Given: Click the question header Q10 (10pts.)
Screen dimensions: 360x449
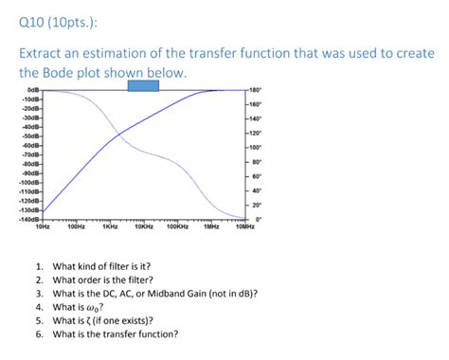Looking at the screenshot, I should (x=55, y=19).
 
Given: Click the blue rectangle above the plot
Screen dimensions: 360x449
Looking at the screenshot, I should (x=143, y=85).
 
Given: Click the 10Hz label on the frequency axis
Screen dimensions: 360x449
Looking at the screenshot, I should (x=42, y=227).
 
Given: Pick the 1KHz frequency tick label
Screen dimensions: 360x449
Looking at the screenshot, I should (x=109, y=227).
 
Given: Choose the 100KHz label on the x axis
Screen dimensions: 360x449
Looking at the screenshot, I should (x=176, y=227).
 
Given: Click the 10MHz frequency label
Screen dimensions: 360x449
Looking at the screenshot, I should (x=244, y=227).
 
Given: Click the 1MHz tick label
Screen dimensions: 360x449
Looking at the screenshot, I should (x=211, y=227).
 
